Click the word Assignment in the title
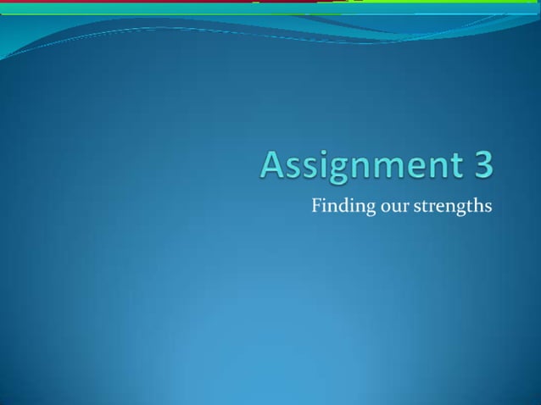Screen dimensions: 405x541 pyautogui.click(x=360, y=165)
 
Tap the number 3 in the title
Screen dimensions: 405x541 pyautogui.click(x=482, y=164)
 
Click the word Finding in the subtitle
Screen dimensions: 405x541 pyautogui.click(x=343, y=206)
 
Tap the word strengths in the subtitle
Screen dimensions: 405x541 pyautogui.click(x=452, y=207)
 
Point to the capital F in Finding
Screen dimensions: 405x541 pyautogui.click(x=316, y=205)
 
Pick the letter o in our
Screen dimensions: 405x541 pyautogui.click(x=384, y=207)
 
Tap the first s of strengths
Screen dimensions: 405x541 pyautogui.click(x=416, y=207)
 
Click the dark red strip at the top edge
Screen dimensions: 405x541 pyautogui.click(x=127, y=2)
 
